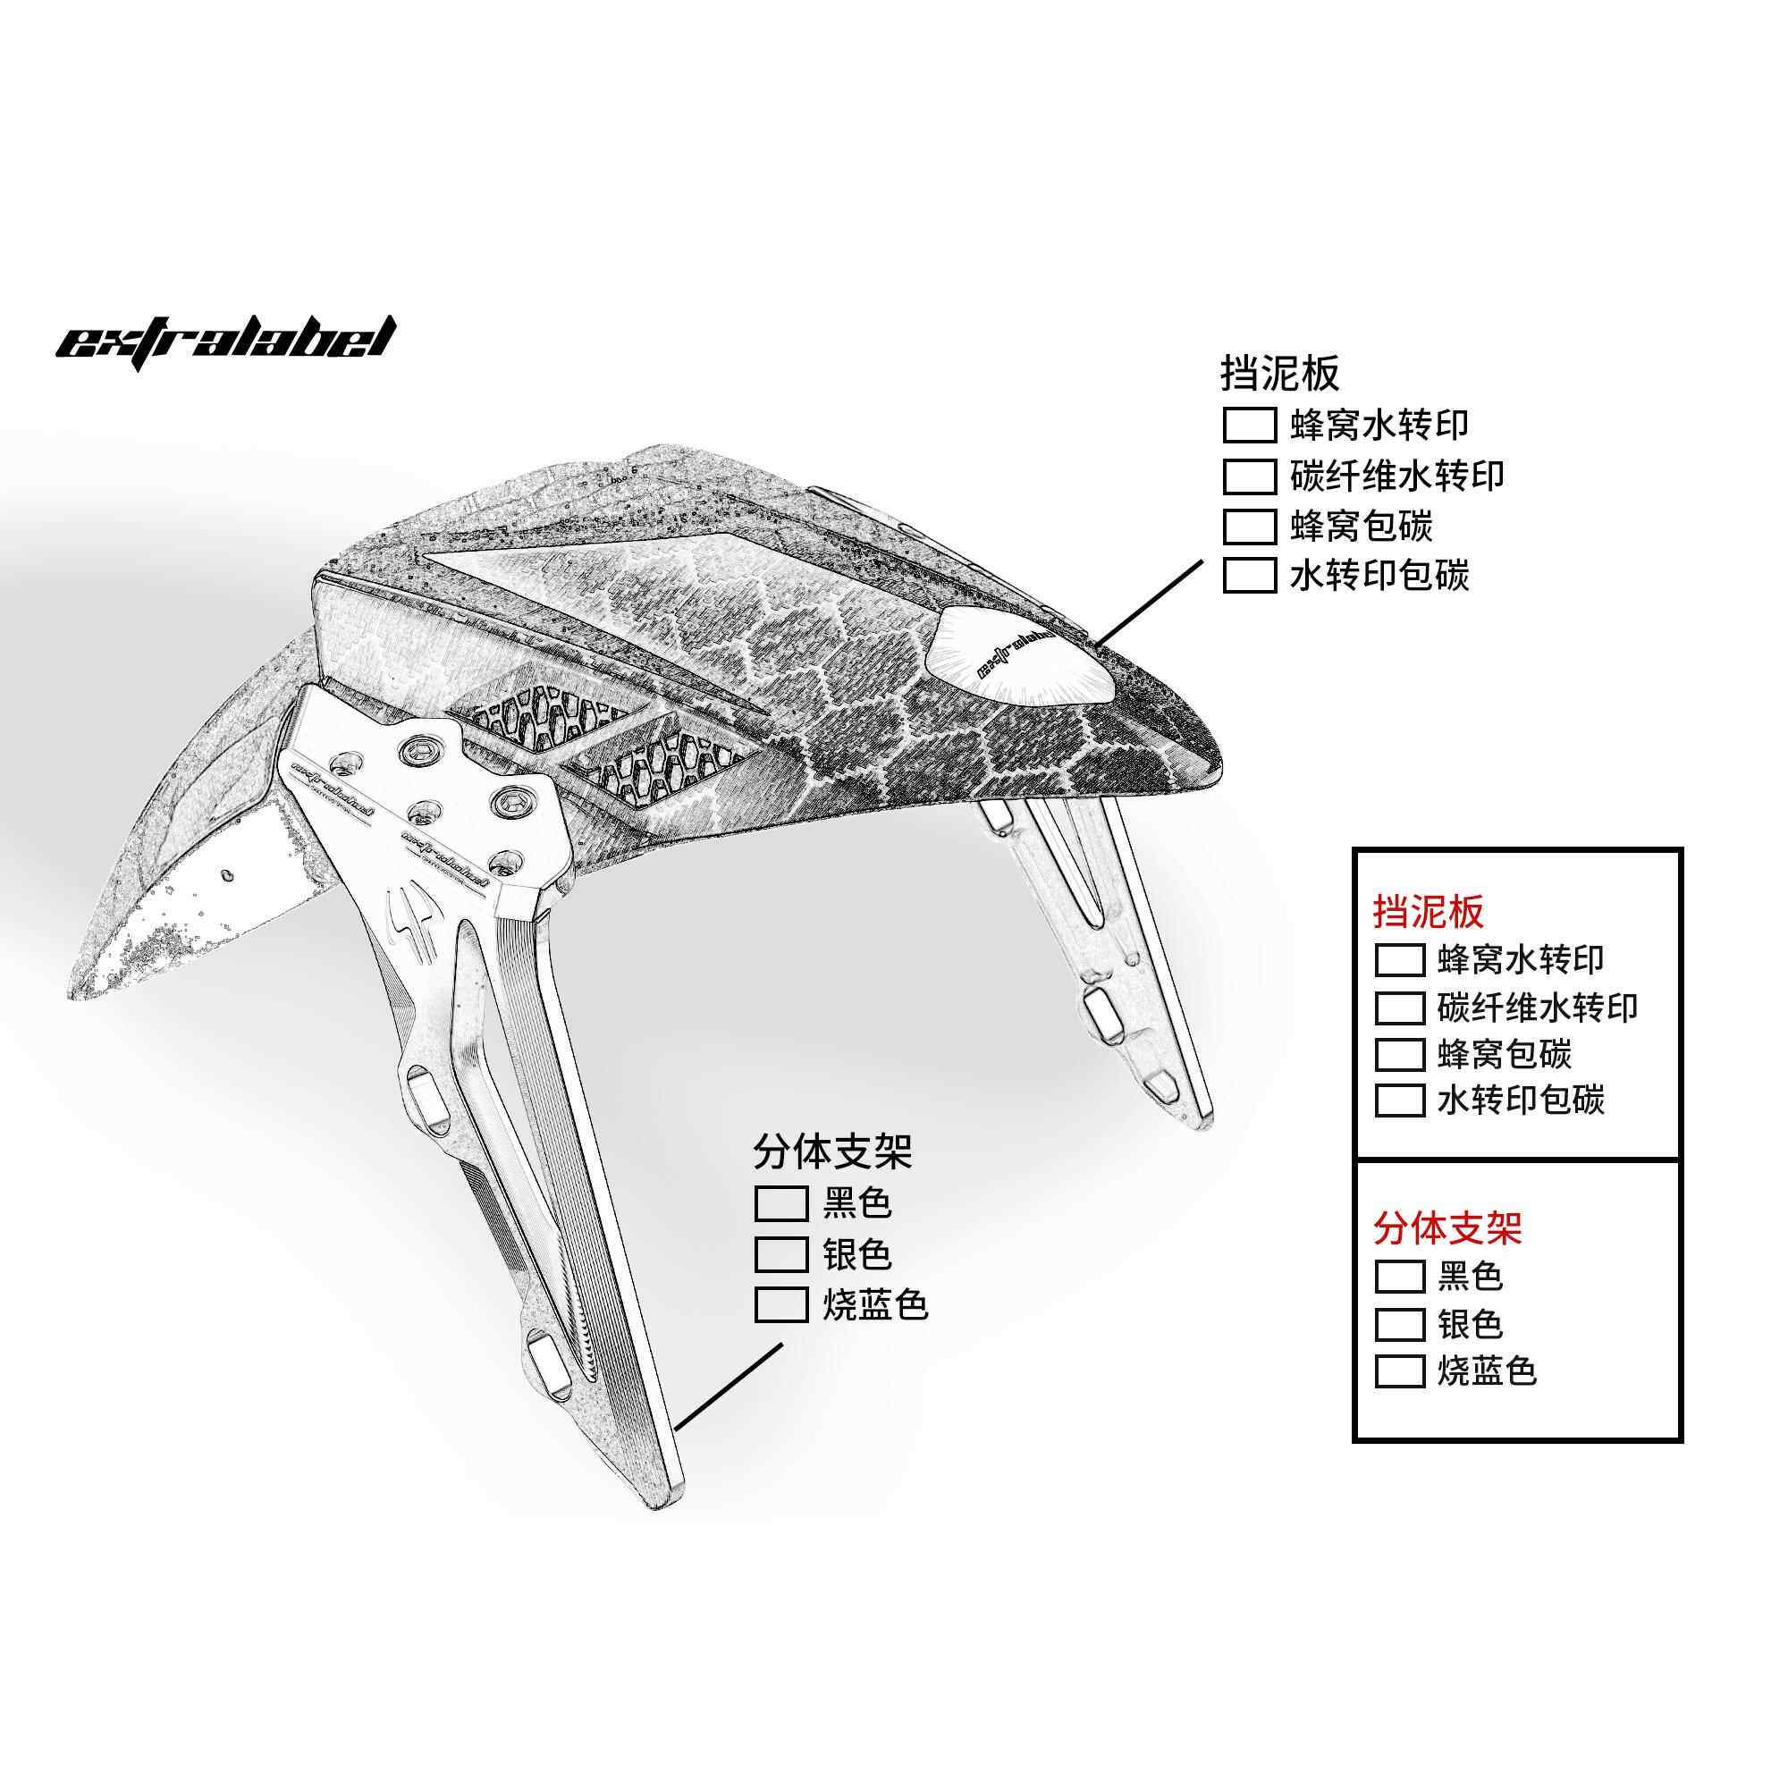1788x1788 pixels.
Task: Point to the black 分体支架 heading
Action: pyautogui.click(x=832, y=1151)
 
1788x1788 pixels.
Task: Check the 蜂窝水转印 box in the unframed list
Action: pyautogui.click(x=1250, y=426)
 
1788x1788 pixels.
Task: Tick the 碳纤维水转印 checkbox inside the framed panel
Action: pyautogui.click(x=1399, y=1008)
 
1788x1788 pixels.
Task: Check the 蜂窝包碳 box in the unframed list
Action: pyautogui.click(x=1250, y=527)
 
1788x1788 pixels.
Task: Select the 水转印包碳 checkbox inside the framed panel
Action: pyautogui.click(x=1399, y=1101)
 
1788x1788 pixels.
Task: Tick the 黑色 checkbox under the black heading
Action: pyautogui.click(x=781, y=1204)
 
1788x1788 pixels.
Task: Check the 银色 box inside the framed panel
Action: pyautogui.click(x=1399, y=1324)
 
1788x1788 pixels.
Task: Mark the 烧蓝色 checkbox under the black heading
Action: pyautogui.click(x=781, y=1304)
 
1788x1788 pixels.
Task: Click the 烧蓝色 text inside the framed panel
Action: pyautogui.click(x=1488, y=1371)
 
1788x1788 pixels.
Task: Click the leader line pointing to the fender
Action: pyautogui.click(x=1147, y=602)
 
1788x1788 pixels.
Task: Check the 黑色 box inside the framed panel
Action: pyautogui.click(x=1399, y=1277)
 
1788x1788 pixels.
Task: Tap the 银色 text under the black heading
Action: pyautogui.click(x=857, y=1254)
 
